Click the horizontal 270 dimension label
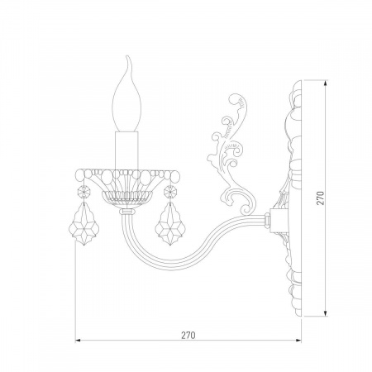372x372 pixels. click(x=188, y=335)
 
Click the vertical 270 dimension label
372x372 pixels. click(x=321, y=198)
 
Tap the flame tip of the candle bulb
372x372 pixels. click(x=127, y=56)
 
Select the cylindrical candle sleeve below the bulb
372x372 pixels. click(x=126, y=150)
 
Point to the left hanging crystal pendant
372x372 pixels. click(x=83, y=224)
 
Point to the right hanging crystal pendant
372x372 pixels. click(x=171, y=224)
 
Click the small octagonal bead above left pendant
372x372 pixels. click(x=83, y=191)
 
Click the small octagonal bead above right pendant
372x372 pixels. click(x=170, y=191)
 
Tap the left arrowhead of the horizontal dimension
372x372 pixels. click(x=78, y=341)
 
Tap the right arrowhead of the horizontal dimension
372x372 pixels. click(x=298, y=341)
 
